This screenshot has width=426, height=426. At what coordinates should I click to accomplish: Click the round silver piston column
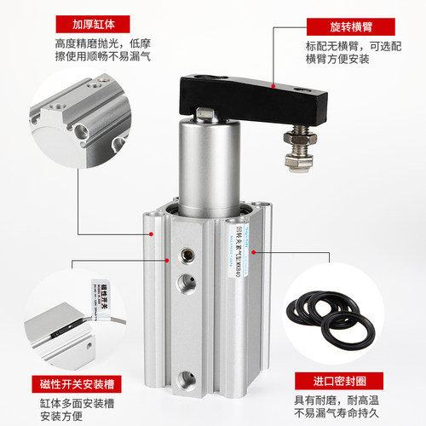coord(204,170)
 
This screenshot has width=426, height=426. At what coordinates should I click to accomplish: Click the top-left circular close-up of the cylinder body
coord(76,132)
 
